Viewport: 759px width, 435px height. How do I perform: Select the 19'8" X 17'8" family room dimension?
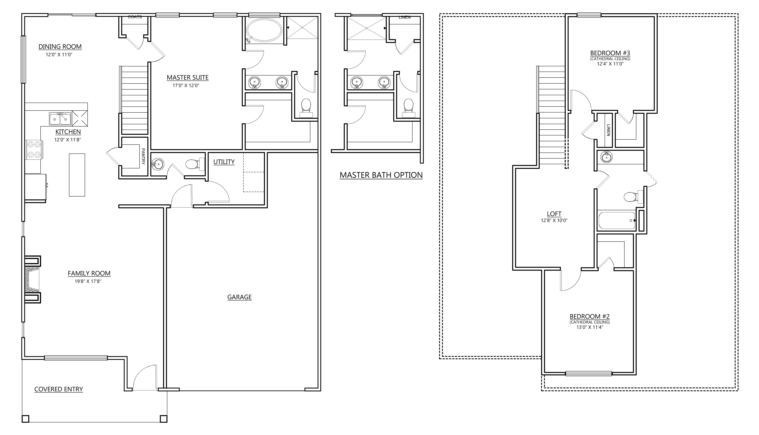click(88, 281)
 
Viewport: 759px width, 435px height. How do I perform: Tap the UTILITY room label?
click(224, 162)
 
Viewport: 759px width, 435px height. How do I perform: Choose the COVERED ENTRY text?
click(59, 389)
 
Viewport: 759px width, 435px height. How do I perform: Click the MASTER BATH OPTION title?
click(381, 175)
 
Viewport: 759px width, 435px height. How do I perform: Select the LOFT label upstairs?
click(554, 214)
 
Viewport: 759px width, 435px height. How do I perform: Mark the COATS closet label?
click(135, 17)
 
